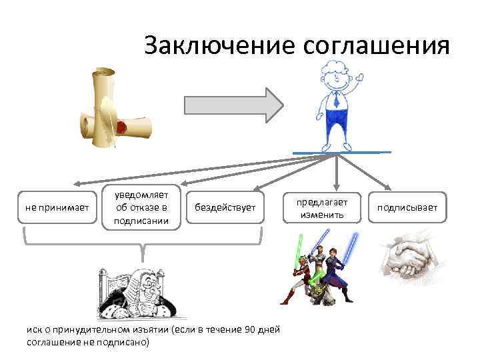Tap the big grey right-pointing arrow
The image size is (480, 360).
coord(233,105)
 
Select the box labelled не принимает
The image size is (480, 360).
coord(57,207)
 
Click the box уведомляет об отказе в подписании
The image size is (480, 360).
coord(141,207)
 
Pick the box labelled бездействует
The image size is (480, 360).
coord(225,207)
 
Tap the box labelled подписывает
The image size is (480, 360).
coord(407,207)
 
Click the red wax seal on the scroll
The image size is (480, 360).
coord(122,126)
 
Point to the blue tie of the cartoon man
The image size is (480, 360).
coord(336,100)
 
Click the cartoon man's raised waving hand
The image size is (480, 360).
coord(361,79)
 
